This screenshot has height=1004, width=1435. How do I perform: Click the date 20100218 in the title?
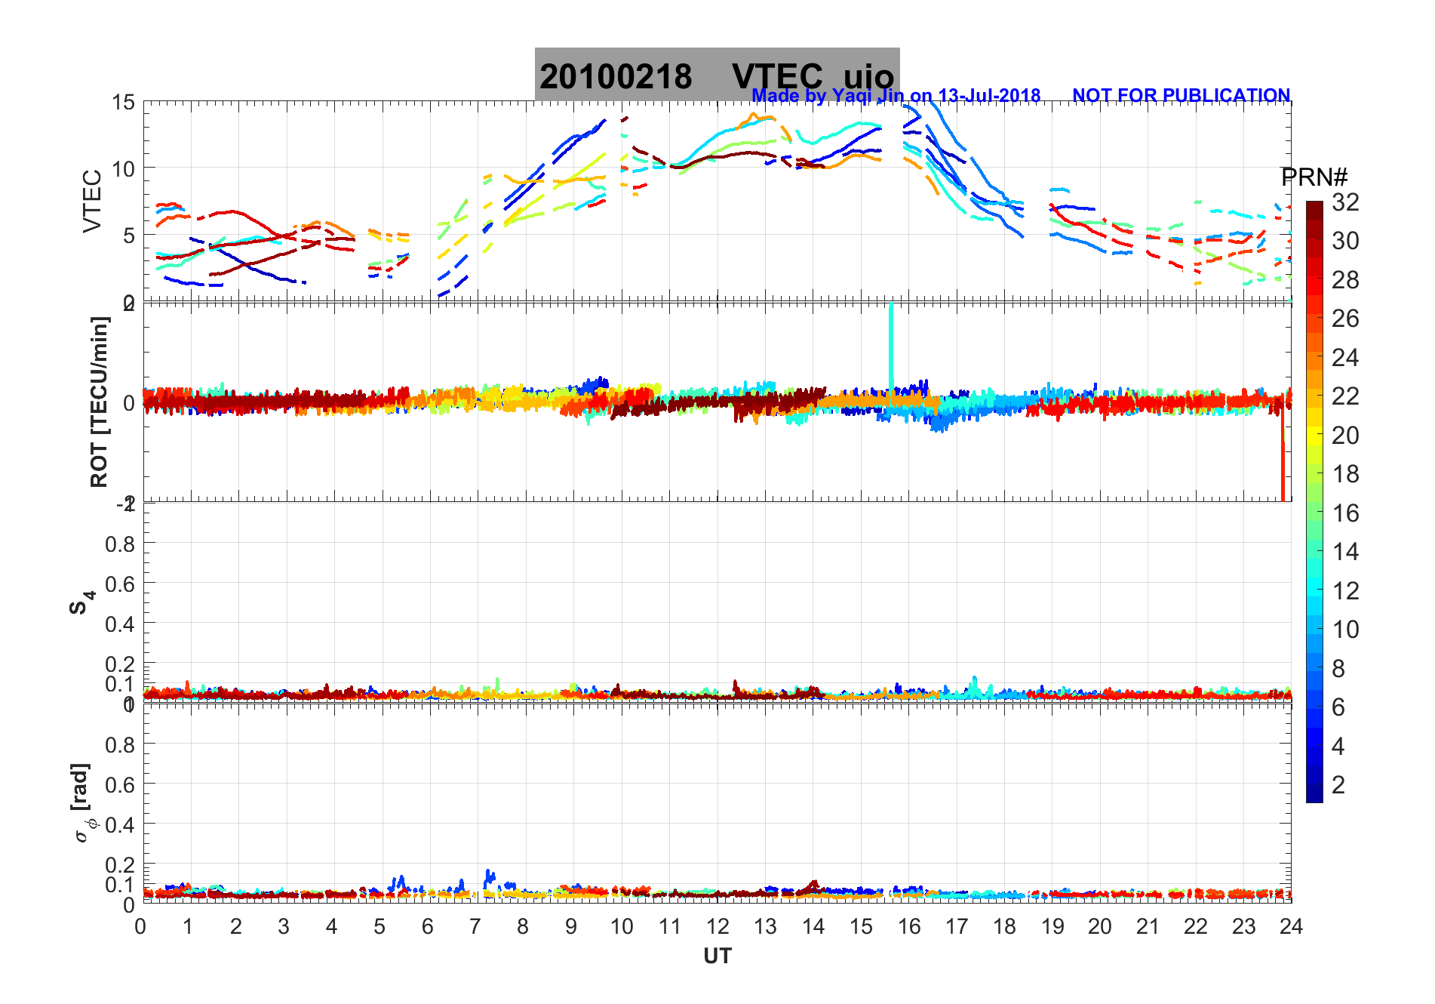click(x=616, y=77)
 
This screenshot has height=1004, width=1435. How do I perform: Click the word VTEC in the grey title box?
click(x=777, y=77)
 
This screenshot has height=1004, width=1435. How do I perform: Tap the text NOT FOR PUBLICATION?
click(x=1181, y=96)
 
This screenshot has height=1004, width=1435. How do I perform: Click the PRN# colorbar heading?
click(x=1314, y=177)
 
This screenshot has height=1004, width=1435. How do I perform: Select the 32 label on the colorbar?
click(x=1345, y=202)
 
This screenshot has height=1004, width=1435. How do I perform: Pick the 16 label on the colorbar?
click(x=1345, y=513)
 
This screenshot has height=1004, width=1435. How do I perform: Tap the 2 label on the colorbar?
click(x=1338, y=785)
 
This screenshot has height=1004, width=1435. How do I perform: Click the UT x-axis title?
click(x=717, y=956)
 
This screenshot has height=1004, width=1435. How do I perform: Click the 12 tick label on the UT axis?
click(x=717, y=926)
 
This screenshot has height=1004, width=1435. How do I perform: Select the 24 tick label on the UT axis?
click(x=1291, y=926)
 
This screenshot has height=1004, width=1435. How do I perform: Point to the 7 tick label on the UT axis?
click(x=475, y=926)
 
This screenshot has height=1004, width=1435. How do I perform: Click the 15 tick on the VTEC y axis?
click(x=123, y=103)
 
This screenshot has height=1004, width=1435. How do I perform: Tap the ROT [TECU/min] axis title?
click(x=99, y=402)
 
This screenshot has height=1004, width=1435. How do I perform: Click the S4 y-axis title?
click(x=81, y=602)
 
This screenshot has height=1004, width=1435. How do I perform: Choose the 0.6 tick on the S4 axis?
click(x=120, y=584)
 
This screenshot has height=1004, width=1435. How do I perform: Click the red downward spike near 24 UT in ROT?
click(x=1283, y=460)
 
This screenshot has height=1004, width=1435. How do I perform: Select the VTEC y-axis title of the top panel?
click(x=92, y=202)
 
